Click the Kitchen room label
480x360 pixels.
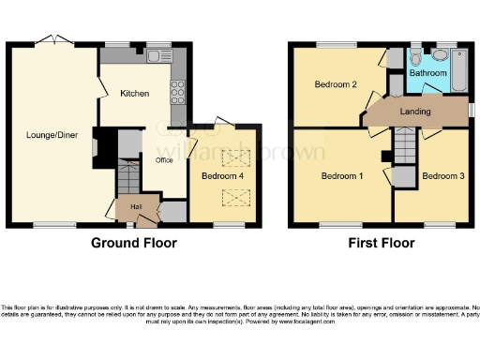[x=134, y=94]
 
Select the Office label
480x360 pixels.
[x=165, y=160]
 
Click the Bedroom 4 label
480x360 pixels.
[x=222, y=175]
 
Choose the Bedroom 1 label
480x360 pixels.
[x=341, y=175]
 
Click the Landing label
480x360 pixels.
[x=414, y=112]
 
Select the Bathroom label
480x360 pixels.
[x=427, y=72]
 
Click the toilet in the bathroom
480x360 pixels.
[x=416, y=58]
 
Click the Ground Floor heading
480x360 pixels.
[x=133, y=243]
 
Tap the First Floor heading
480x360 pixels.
[x=382, y=243]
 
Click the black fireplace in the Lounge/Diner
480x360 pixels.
[x=106, y=148]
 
